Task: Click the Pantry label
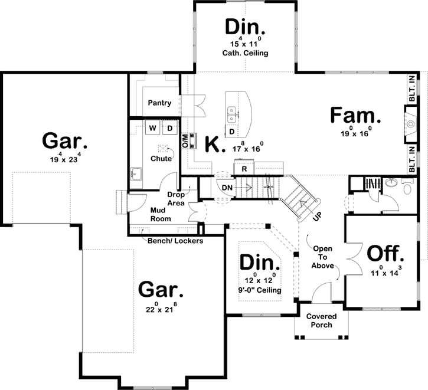159,103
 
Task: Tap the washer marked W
152,127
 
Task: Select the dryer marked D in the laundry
169,127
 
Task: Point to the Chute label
161,158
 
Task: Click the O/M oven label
185,140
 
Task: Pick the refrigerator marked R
244,169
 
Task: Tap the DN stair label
227,188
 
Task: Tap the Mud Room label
160,214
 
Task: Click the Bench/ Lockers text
175,241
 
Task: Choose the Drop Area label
177,198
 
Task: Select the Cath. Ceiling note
245,53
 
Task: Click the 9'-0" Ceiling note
260,290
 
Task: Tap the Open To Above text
324,257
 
